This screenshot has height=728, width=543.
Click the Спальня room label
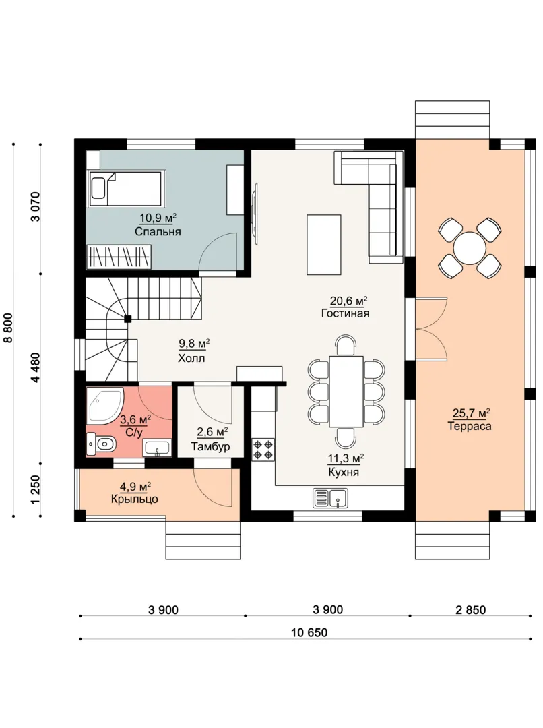[158, 231]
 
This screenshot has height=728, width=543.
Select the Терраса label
[469, 426]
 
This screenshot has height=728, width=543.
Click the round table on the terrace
[470, 247]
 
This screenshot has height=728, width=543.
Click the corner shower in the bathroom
[105, 406]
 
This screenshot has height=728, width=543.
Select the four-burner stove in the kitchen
[262, 450]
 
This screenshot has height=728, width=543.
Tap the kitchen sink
[329, 497]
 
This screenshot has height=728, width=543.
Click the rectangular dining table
[346, 392]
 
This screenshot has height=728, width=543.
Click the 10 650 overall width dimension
[309, 632]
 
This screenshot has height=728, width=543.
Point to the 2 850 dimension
[471, 609]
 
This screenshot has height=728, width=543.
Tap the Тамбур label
[211, 447]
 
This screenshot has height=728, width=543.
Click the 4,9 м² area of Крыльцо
[135, 487]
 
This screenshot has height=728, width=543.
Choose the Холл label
[191, 358]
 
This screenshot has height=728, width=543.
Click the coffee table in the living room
[324, 245]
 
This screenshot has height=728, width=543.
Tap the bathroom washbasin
[158, 448]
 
